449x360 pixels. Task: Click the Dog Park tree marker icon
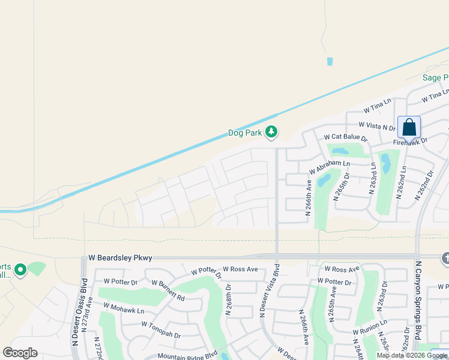(271, 132)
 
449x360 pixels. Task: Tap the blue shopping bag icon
(409, 127)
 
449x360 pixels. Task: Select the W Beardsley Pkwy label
(120, 257)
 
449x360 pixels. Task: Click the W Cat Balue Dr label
(345, 138)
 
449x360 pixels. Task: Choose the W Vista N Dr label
(377, 125)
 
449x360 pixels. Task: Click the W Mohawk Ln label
(124, 308)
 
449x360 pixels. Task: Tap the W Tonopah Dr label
(161, 329)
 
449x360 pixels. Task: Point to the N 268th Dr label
(229, 299)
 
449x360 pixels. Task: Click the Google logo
(20, 353)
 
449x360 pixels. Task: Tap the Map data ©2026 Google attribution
(412, 355)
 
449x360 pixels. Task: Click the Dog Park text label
(245, 133)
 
